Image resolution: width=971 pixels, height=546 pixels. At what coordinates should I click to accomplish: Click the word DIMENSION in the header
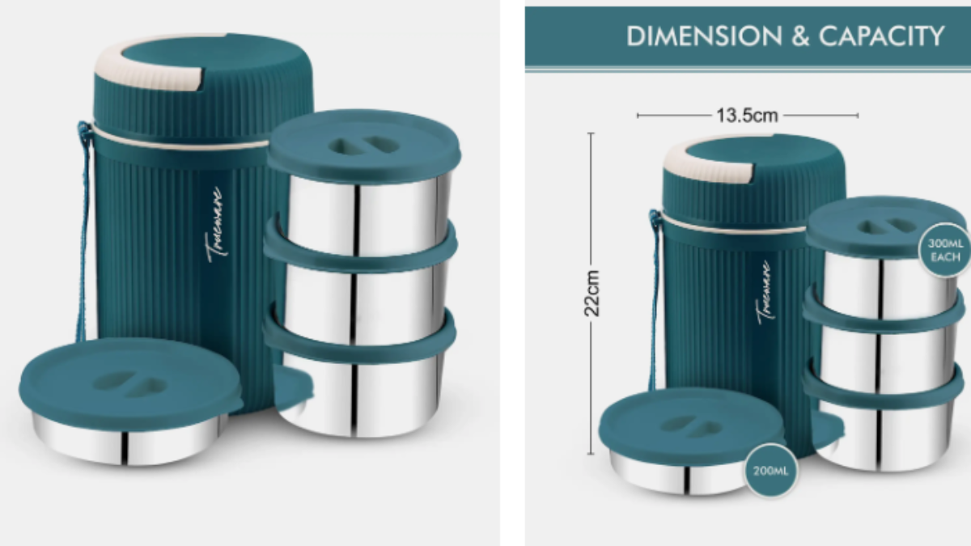[705, 36]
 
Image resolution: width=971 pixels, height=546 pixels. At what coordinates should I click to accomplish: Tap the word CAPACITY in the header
[882, 36]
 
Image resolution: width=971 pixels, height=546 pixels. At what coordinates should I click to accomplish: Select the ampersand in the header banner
[800, 36]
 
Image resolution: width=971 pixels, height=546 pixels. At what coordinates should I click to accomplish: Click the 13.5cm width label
[748, 116]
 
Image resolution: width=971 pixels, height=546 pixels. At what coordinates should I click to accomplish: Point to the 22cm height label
[592, 294]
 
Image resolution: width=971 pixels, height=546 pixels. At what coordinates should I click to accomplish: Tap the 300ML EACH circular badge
[945, 250]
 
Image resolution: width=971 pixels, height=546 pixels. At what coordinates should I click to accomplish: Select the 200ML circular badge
[770, 471]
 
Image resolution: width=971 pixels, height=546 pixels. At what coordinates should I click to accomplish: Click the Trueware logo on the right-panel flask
[764, 292]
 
